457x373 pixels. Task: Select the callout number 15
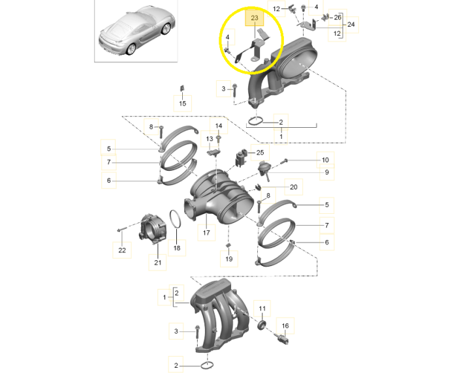coord(183,104)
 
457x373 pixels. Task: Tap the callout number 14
coord(219,126)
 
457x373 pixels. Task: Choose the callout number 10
coord(325,160)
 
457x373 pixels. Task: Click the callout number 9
coord(326,173)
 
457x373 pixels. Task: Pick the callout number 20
coord(293,187)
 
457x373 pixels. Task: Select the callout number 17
coord(206,232)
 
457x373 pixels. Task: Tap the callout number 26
coord(337,18)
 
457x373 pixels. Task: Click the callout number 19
coord(228,259)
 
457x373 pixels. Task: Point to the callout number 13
coord(210,139)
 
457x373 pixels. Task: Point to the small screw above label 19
coord(228,245)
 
